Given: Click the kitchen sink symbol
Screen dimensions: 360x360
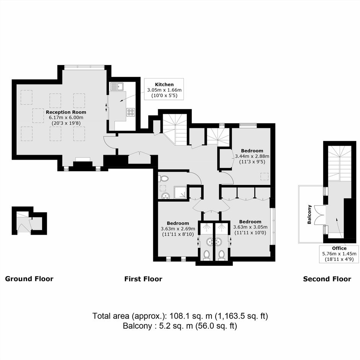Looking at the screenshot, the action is click(117, 86).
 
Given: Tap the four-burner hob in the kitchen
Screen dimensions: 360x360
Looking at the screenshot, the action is click(131, 112).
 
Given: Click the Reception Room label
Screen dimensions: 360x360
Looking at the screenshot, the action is click(66, 112).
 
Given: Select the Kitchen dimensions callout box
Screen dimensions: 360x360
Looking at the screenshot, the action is click(164, 89).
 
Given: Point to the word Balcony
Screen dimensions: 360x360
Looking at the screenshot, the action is click(309, 214).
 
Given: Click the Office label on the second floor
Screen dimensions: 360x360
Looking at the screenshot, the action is click(339, 248).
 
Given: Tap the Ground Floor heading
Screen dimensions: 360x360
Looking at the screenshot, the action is click(29, 279).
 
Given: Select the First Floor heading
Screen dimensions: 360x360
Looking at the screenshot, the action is click(143, 279).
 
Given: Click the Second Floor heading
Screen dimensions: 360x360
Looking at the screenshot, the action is click(327, 279).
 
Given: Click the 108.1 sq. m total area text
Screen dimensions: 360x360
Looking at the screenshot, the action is click(191, 316).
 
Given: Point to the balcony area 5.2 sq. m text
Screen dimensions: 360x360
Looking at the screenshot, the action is click(176, 326).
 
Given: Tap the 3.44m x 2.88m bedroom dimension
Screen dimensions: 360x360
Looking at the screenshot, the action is click(252, 156).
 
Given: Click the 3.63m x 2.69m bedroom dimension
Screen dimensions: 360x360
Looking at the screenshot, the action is click(178, 229).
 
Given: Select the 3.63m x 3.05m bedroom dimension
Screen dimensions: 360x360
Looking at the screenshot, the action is click(250, 227).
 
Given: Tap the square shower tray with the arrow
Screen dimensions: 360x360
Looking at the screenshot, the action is click(181, 192).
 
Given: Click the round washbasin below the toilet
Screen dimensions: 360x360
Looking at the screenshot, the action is click(165, 196).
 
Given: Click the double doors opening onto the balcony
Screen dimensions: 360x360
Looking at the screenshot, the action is click(319, 214).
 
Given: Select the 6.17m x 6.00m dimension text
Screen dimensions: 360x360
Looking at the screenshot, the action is click(66, 118).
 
